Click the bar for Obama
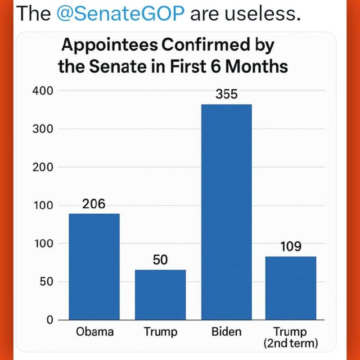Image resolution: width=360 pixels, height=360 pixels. click(x=94, y=266)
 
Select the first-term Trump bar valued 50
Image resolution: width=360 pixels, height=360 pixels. click(x=160, y=295)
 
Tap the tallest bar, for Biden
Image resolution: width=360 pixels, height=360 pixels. click(x=226, y=211)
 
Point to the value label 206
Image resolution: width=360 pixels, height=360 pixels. click(x=94, y=204)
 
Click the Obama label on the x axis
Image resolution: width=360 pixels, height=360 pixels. click(x=94, y=333)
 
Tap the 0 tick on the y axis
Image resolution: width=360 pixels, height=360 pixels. click(x=49, y=320)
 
